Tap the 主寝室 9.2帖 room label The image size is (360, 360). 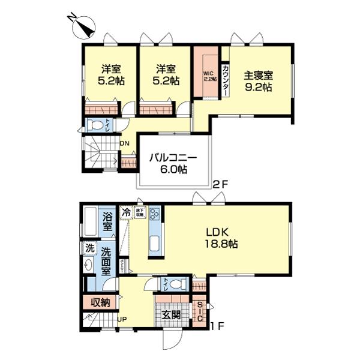pos(259,81)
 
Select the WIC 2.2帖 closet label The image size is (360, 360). pos(209,76)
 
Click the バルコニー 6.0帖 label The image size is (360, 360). pos(173,164)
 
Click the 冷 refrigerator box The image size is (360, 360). pos(126,211)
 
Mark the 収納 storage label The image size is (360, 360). pos(100,302)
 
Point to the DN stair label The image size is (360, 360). pos(125,144)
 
